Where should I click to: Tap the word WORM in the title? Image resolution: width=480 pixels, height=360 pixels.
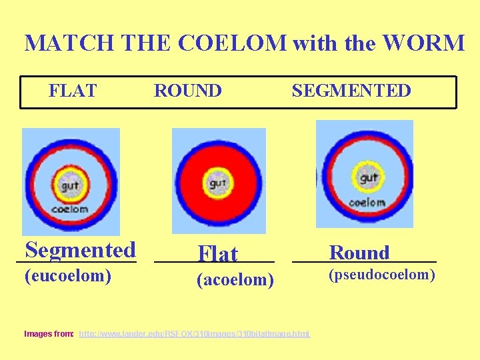(432, 43)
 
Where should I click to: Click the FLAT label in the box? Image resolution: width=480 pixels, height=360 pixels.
(73, 91)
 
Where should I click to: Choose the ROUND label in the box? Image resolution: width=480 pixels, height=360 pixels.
(188, 91)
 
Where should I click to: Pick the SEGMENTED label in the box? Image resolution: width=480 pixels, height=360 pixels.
(351, 91)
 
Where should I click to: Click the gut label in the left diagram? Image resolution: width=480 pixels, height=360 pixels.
(70, 186)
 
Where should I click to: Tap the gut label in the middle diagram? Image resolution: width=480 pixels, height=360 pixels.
(218, 183)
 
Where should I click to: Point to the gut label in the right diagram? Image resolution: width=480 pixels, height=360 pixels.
(369, 178)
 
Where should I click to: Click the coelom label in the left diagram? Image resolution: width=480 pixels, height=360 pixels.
(70, 209)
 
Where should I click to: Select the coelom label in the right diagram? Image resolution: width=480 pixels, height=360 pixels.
(367, 201)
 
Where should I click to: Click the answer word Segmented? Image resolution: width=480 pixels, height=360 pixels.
(80, 250)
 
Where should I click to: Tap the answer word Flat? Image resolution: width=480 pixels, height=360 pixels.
(217, 254)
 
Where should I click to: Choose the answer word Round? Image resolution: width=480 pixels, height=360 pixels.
(359, 253)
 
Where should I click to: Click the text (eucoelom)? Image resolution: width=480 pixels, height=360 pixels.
(67, 275)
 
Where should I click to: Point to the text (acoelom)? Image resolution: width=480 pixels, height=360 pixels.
(235, 281)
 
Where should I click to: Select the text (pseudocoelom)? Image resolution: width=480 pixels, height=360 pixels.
(382, 275)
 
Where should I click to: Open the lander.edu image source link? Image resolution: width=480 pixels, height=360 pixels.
(194, 333)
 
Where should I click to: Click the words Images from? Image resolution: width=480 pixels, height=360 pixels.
(49, 333)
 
